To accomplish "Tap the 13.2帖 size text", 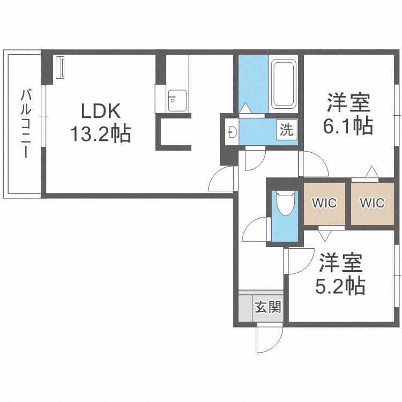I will click(x=100, y=133).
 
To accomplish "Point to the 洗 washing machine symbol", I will click(x=286, y=130).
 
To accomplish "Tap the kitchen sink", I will click(x=175, y=100).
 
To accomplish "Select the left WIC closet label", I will click(x=324, y=203).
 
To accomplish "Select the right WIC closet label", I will click(x=372, y=203).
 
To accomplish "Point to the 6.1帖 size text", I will click(x=348, y=126).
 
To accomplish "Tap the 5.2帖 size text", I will click(x=340, y=285).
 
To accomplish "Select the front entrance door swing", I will click(x=270, y=338).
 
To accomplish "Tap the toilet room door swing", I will click(x=256, y=230).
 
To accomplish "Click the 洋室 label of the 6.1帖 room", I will click(x=349, y=102).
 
